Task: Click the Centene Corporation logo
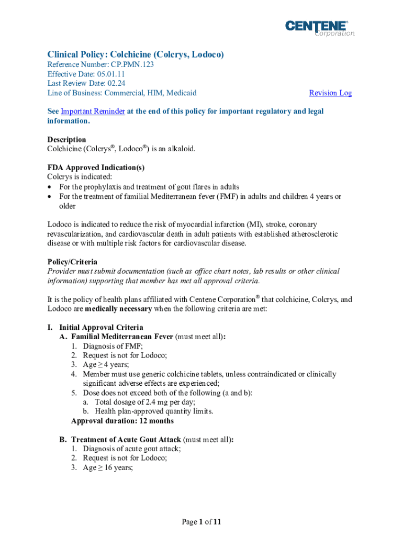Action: [x=319, y=28]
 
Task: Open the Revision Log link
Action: [x=330, y=93]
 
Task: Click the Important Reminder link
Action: [x=93, y=111]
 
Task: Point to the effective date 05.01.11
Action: [x=109, y=74]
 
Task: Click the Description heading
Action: [x=66, y=140]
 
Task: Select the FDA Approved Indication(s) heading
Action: [x=96, y=168]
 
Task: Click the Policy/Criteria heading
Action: [x=72, y=262]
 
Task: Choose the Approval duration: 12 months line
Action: [x=122, y=421]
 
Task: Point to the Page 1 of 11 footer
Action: [x=201, y=522]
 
